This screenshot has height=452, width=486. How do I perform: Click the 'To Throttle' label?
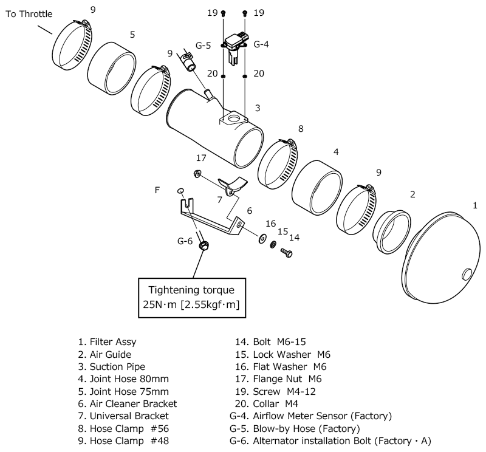pyautogui.click(x=29, y=13)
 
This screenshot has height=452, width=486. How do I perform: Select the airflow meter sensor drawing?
pyautogui.click(x=236, y=46)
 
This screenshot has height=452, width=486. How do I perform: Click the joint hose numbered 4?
pyautogui.click(x=318, y=188)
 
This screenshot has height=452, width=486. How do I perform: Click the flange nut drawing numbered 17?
pyautogui.click(x=199, y=175)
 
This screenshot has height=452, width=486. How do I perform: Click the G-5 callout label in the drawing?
pyautogui.click(x=204, y=44)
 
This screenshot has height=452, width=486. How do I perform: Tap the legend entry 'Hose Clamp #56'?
pyautogui.click(x=119, y=428)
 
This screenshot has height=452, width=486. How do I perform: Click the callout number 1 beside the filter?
pyautogui.click(x=474, y=206)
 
